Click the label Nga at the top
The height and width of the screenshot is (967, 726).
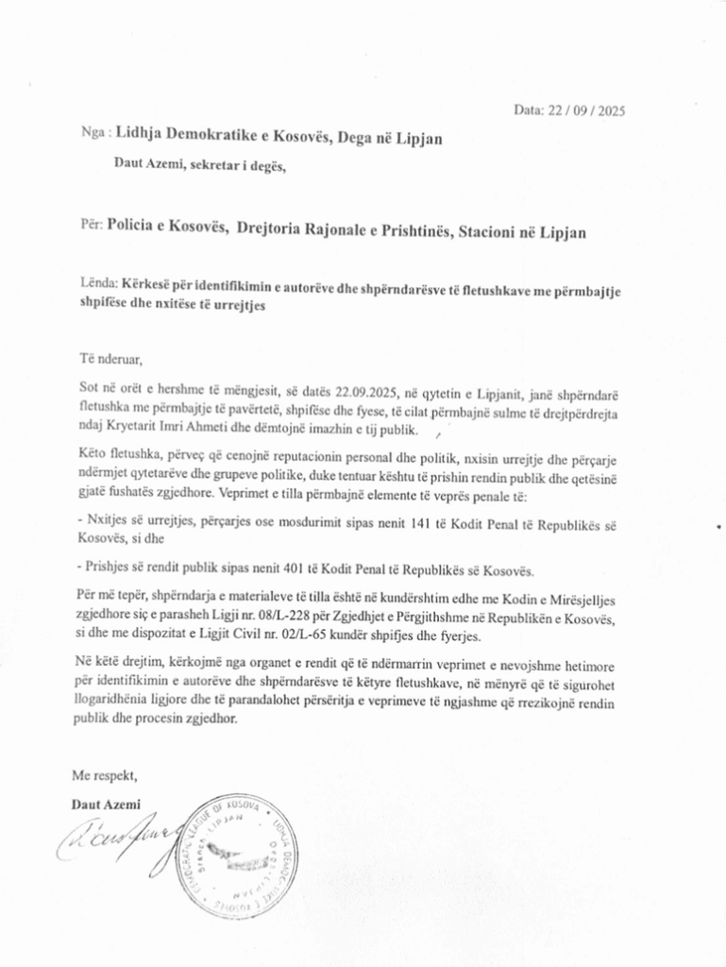(92, 134)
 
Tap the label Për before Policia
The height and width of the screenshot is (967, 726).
(91, 227)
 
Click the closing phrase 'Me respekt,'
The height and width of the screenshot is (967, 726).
(105, 775)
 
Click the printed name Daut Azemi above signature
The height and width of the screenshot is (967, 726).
(106, 804)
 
